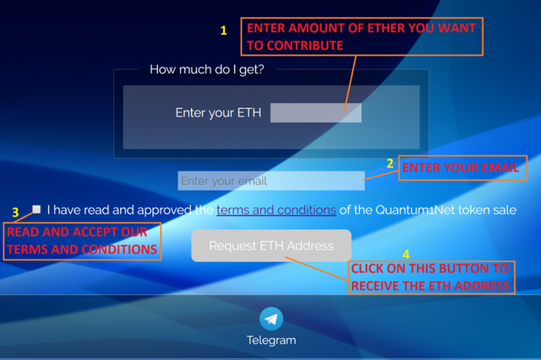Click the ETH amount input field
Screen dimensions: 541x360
pyautogui.click(x=315, y=112)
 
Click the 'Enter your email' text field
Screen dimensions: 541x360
pyautogui.click(x=271, y=181)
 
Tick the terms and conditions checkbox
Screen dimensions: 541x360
pyautogui.click(x=36, y=209)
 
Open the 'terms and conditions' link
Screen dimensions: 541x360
pyautogui.click(x=276, y=210)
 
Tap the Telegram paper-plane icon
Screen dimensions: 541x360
pyautogui.click(x=271, y=319)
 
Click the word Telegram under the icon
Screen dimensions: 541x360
pyautogui.click(x=271, y=341)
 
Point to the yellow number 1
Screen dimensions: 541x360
pyautogui.click(x=223, y=30)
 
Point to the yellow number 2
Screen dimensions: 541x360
pyautogui.click(x=390, y=163)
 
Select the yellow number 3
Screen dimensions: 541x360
pyautogui.click(x=15, y=212)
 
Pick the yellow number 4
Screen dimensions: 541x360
pyautogui.click(x=406, y=254)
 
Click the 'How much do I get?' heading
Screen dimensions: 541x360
pyautogui.click(x=206, y=69)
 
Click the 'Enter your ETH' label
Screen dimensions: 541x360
pyautogui.click(x=218, y=112)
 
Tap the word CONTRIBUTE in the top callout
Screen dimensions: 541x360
pyautogui.click(x=305, y=46)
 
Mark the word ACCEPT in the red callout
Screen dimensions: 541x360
pyautogui.click(x=90, y=232)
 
